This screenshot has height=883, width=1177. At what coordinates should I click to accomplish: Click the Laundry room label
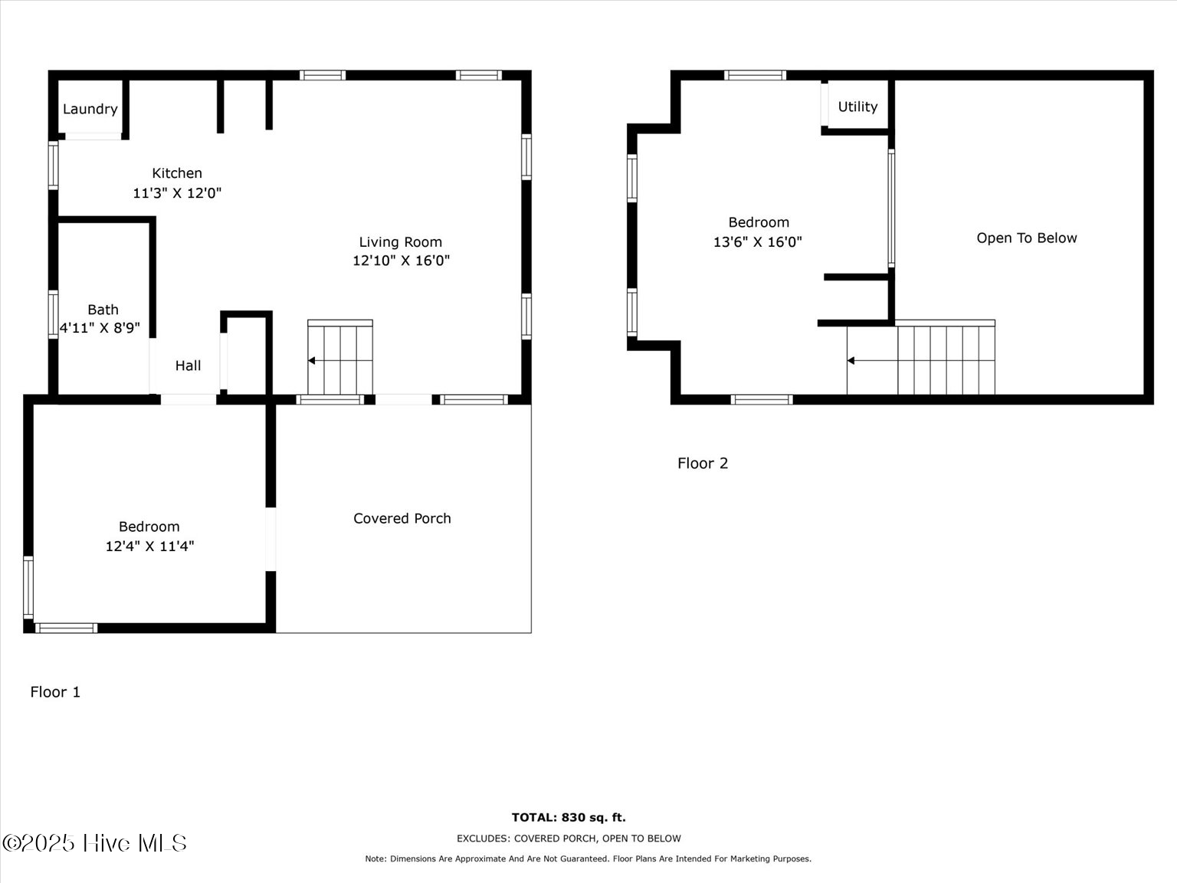coord(90,109)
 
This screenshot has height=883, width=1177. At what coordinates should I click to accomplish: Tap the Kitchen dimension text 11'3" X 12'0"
coord(177,193)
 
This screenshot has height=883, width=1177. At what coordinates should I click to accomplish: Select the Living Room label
coord(400,242)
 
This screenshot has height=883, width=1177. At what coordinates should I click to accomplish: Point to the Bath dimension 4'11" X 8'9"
coord(100,328)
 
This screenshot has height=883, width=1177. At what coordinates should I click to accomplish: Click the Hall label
coord(188,366)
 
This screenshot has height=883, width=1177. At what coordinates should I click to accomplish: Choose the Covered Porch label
coord(402,518)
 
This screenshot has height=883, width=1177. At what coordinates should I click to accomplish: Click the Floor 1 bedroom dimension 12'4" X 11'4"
coord(149,546)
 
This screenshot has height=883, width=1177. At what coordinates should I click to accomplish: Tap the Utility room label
coord(857,107)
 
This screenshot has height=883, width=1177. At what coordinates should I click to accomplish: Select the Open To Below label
coord(1026,238)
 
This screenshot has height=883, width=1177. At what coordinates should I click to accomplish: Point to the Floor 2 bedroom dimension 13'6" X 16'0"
coord(757,241)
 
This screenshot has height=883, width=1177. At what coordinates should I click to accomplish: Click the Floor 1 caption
coord(55,691)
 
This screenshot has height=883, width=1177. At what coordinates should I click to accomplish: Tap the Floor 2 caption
coord(703,463)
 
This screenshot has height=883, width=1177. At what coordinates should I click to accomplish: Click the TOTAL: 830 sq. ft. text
coord(569,817)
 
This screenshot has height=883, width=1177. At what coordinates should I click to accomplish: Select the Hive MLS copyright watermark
coord(94,843)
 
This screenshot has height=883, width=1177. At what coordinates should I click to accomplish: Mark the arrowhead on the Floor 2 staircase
coord(851,360)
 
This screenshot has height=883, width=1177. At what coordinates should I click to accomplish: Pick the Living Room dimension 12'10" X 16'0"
coord(401,261)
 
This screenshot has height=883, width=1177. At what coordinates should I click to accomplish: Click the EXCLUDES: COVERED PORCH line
coord(569,839)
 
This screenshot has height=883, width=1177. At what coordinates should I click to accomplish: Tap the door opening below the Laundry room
coord(93,136)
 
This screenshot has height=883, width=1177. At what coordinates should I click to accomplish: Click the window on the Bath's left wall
coord(53,314)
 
